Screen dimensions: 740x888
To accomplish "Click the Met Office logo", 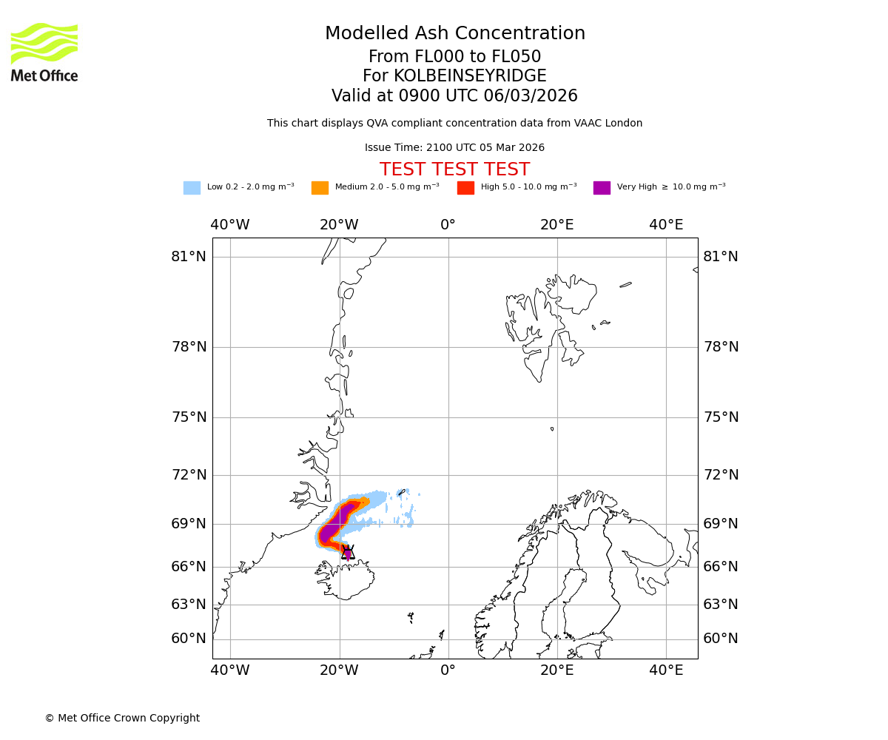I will point(44,52).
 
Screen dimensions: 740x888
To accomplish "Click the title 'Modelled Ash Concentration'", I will point(455,34).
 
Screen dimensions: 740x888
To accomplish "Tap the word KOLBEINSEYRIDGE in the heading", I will point(470,76).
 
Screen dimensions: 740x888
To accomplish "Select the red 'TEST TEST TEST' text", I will point(454,170).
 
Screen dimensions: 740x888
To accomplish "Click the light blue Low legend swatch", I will point(192,188).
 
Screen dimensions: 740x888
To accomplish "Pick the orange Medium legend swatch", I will point(320,188).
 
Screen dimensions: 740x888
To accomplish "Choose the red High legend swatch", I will point(465,188).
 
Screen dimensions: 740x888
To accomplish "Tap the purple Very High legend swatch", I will point(602,188).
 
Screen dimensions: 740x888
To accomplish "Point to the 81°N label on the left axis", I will point(189,257).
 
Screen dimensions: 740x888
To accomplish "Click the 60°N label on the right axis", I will point(721,639).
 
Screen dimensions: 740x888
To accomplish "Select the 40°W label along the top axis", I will point(230,225).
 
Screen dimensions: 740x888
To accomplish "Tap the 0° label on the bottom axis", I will point(448,670).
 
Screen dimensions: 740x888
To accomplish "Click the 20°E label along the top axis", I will point(557,225).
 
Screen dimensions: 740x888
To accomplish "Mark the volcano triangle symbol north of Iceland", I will point(348,552).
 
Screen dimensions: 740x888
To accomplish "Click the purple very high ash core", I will point(330,530).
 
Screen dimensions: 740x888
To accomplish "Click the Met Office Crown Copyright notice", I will point(122,719).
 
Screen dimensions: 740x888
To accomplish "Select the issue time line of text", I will point(454,148).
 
